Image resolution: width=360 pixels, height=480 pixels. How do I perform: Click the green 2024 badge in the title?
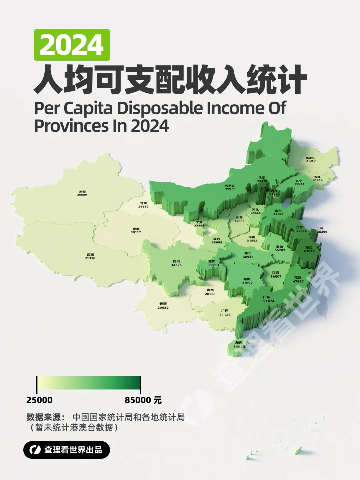tap(72, 45)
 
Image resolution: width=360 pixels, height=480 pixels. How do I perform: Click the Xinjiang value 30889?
tap(82, 195)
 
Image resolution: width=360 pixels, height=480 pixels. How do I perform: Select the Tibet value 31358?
tap(90, 258)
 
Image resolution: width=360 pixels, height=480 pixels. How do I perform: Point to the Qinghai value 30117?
tap(136, 232)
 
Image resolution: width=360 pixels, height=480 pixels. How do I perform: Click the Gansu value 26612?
tap(143, 206)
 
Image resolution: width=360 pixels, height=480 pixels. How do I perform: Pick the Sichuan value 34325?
tap(176, 265)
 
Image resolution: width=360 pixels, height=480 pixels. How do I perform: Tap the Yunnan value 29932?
tap(163, 308)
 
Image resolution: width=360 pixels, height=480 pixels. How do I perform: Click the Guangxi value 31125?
tap(225, 315)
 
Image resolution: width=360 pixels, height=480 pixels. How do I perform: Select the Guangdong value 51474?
tap(269, 301)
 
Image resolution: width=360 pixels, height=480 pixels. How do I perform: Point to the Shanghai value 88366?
tap(322, 232)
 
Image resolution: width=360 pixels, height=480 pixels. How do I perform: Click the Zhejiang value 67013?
tap(309, 251)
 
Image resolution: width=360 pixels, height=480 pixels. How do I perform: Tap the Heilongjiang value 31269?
tap(311, 161)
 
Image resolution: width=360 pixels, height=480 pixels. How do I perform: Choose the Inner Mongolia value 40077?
tap(230, 189)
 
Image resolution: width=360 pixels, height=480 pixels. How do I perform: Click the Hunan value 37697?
tap(247, 283)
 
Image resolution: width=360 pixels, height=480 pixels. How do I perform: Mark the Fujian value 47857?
tap(298, 281)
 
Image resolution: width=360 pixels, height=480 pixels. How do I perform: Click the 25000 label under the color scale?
tap(39, 400)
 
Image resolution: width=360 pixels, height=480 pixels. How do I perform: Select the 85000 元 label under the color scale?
tap(143, 400)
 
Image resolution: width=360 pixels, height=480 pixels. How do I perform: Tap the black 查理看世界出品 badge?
tap(67, 450)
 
